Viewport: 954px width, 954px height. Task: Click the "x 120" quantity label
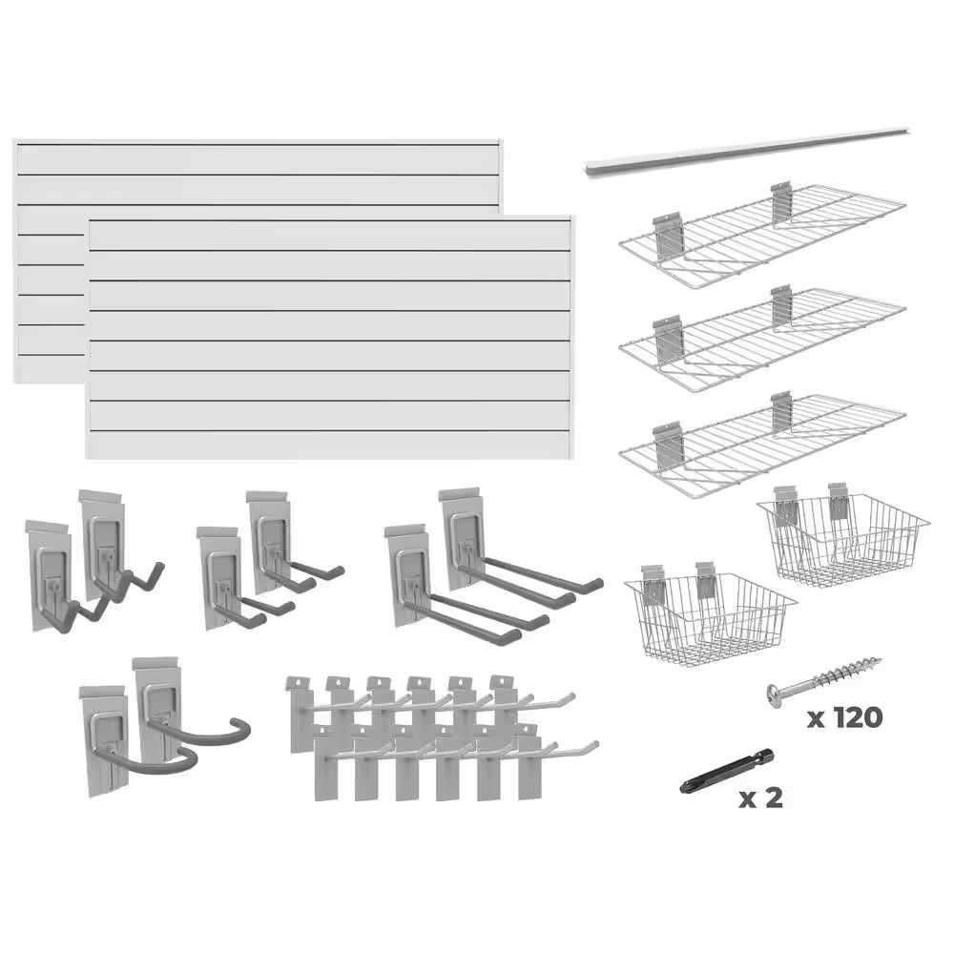pyautogui.click(x=844, y=718)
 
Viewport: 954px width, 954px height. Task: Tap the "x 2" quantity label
pyautogui.click(x=760, y=798)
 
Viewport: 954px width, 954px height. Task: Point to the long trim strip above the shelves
pyautogui.click(x=748, y=153)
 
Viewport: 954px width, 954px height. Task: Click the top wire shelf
pyautogui.click(x=762, y=236)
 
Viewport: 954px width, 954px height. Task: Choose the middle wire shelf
pyautogui.click(x=762, y=340)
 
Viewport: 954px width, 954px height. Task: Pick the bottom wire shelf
pyautogui.click(x=762, y=445)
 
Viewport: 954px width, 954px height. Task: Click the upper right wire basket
pyautogui.click(x=842, y=538)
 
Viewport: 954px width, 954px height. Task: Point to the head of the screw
pyautogui.click(x=776, y=696)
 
